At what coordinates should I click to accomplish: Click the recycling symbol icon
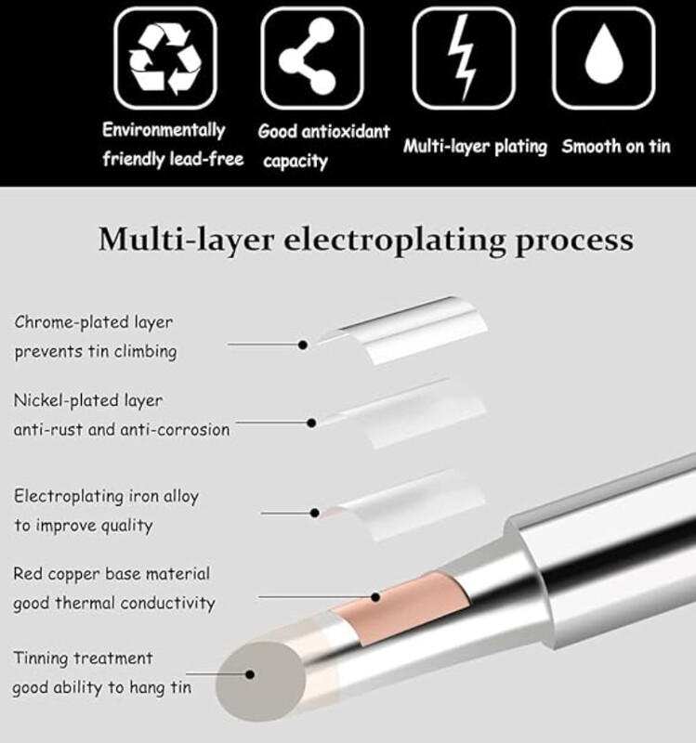(x=165, y=59)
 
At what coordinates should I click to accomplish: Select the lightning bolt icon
(x=463, y=58)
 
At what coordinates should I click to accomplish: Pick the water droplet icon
(x=604, y=54)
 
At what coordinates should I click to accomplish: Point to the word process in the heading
(x=574, y=241)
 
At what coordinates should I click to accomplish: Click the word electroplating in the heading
(x=395, y=241)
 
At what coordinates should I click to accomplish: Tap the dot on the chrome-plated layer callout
(x=303, y=345)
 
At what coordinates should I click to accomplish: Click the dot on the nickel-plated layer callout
(x=311, y=423)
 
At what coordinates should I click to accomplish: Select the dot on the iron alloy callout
(x=315, y=513)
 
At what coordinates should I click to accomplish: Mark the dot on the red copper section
(x=375, y=597)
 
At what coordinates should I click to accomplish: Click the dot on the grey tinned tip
(x=250, y=674)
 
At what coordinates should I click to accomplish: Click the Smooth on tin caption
(x=616, y=147)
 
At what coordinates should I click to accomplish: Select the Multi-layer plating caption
(x=475, y=147)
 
